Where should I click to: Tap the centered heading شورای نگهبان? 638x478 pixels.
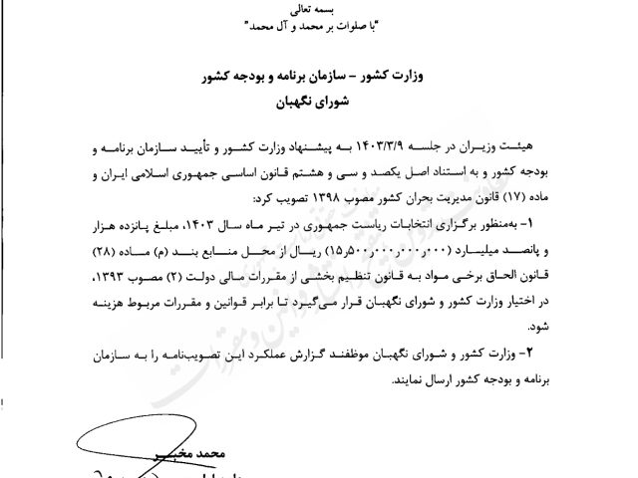[318, 100]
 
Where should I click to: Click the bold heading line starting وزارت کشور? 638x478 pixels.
[318, 76]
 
